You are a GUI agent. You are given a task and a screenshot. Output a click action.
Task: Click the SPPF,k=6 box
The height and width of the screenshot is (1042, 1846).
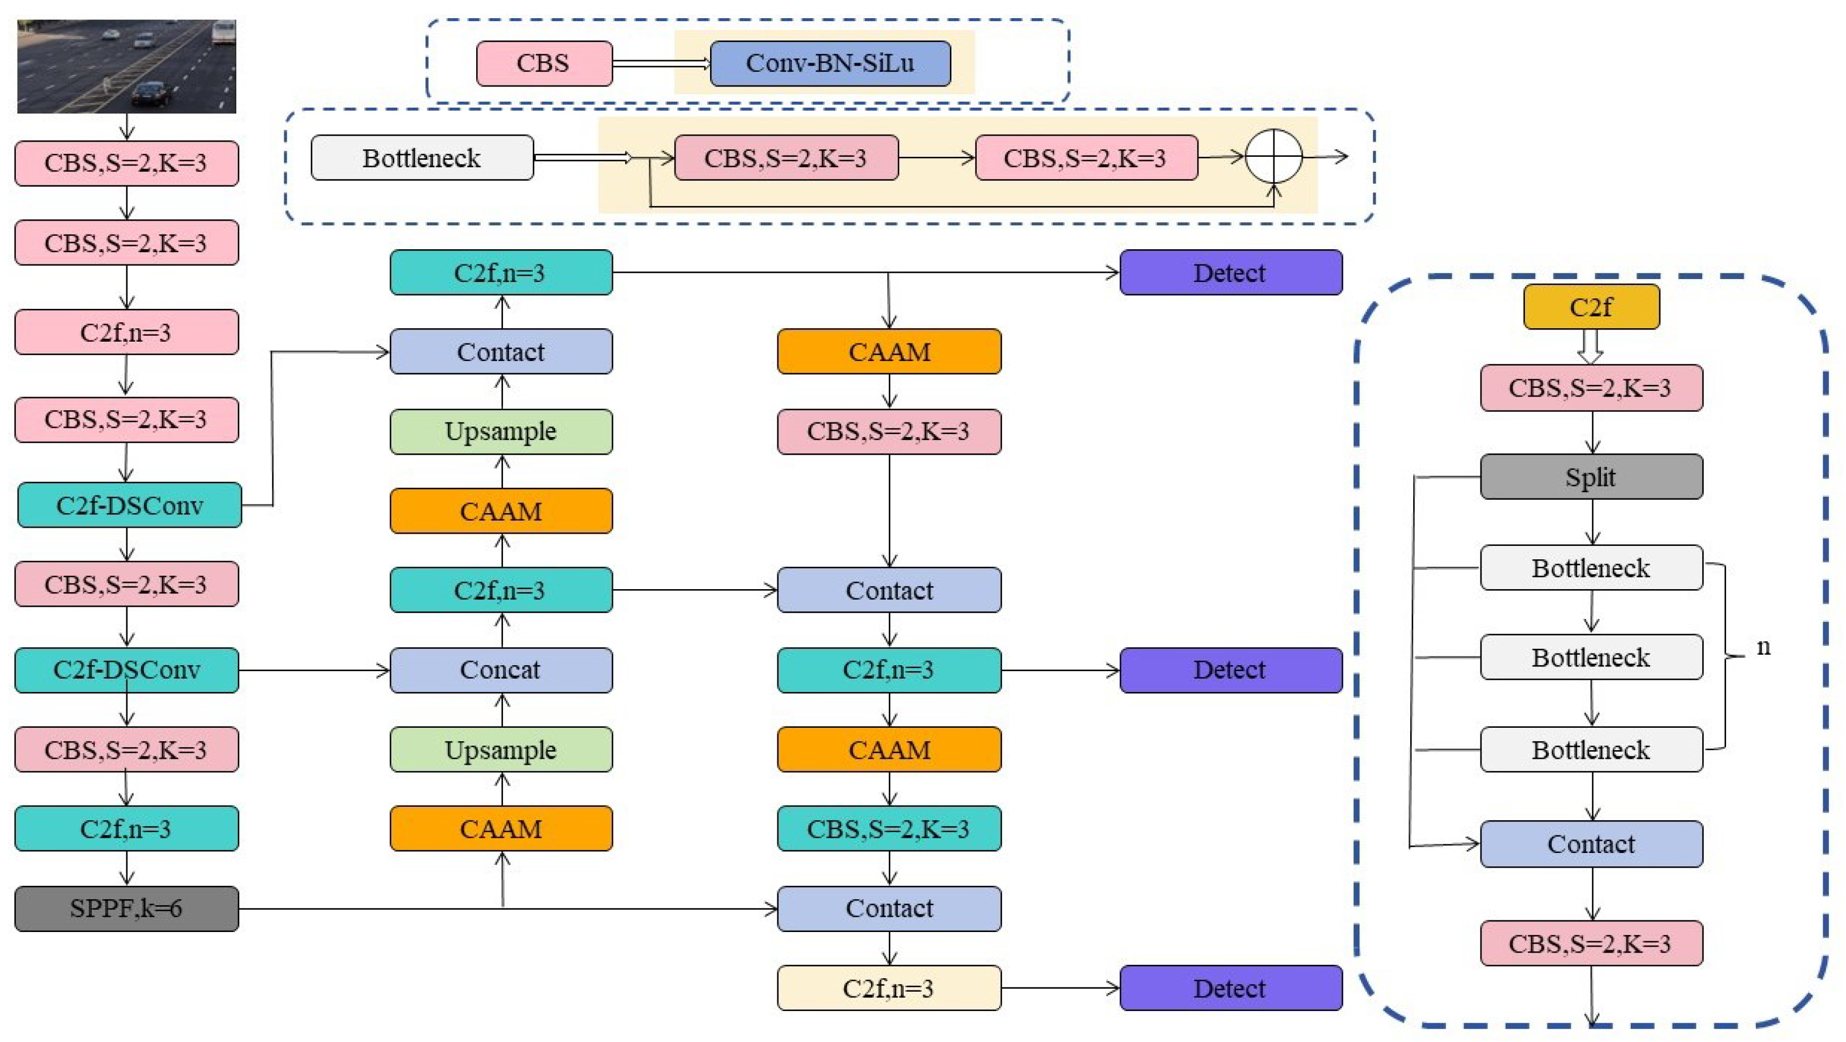[126, 908]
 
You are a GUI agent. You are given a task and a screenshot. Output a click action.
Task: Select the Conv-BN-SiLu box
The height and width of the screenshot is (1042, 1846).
[830, 63]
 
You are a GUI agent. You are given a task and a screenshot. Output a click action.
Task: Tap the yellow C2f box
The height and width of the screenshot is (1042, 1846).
[1591, 307]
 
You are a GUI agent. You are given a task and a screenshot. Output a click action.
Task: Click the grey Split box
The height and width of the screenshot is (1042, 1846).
[1591, 477]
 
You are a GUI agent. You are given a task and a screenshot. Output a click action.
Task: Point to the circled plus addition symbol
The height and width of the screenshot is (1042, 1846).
[1273, 157]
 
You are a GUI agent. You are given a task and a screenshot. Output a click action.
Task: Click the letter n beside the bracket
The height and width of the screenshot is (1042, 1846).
[1764, 646]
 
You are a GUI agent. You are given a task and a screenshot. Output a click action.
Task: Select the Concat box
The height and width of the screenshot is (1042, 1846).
[501, 669]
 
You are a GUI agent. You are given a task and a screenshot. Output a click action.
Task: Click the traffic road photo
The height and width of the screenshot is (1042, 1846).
[126, 66]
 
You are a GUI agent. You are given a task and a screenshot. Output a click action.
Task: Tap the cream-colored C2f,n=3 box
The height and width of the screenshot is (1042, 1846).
[888, 988]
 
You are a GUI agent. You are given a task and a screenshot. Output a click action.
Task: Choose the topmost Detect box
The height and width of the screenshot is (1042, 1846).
[1231, 272]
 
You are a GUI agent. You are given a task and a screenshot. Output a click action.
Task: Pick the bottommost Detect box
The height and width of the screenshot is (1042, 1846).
[1231, 988]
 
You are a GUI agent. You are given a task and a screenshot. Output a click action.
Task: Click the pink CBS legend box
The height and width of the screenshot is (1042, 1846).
[544, 63]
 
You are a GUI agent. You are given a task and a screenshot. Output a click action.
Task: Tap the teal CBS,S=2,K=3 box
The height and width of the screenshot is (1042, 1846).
[888, 828]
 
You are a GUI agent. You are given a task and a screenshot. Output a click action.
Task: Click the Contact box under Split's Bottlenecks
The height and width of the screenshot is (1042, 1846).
[1591, 844]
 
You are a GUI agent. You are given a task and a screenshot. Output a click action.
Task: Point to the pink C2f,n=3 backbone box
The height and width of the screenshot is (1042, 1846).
[126, 332]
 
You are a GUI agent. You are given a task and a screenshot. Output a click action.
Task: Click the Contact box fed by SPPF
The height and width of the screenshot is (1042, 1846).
[888, 908]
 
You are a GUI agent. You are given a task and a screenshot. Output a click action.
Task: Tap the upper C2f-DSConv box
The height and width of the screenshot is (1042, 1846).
[129, 505]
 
